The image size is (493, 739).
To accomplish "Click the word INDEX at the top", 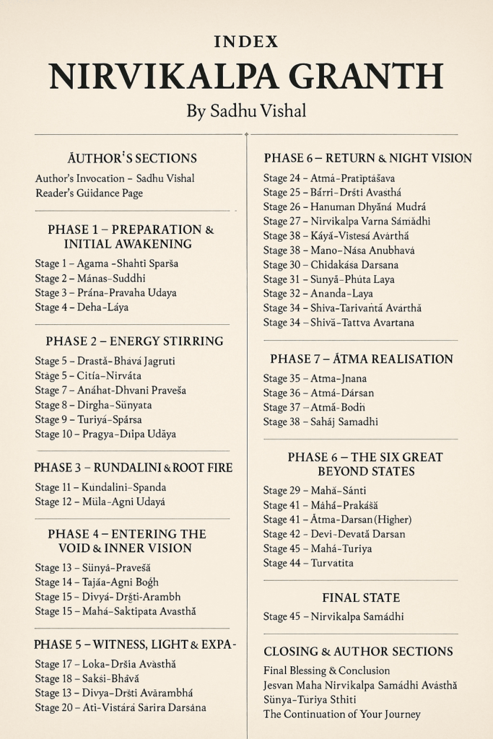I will coord(246,42).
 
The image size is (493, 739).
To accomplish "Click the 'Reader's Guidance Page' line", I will coord(89,193).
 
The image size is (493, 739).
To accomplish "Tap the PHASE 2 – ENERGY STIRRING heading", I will coord(134,341).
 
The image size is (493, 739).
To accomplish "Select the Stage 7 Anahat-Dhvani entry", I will coord(110,390).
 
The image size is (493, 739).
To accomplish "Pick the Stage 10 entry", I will coord(105,434).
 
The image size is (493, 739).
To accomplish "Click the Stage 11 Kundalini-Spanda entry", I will coord(100,487).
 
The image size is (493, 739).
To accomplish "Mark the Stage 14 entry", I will coord(97,582).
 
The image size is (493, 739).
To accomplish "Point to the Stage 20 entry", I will coord(121,708).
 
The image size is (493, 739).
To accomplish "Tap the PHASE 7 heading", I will coord(362,359).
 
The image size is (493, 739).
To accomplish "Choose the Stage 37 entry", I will coord(314,408).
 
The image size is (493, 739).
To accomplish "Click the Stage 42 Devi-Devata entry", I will coord(334,534).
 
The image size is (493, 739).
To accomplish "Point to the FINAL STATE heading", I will coord(361,598).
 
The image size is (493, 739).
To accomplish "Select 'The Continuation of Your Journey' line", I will coord(342,714).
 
